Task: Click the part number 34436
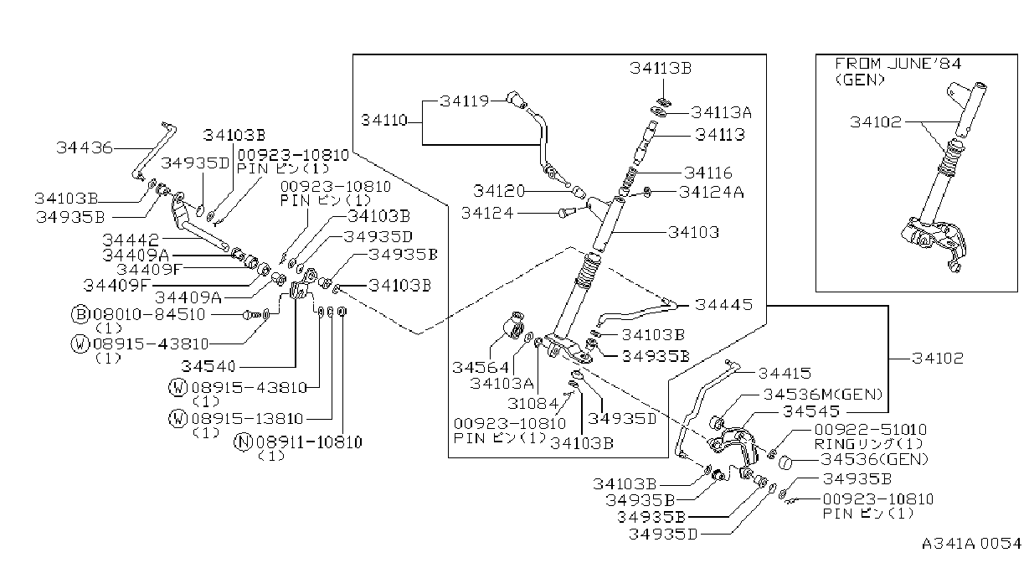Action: click(x=85, y=147)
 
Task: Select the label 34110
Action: click(x=384, y=121)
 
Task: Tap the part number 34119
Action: click(x=465, y=101)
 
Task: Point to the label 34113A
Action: click(x=721, y=112)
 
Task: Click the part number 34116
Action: click(x=707, y=173)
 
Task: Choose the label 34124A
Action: click(x=711, y=192)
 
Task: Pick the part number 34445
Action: click(x=723, y=304)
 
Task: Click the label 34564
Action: click(x=481, y=367)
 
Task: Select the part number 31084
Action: click(x=533, y=404)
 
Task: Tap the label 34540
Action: click(x=208, y=366)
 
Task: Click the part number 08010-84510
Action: click(x=149, y=315)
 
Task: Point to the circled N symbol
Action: click(x=243, y=442)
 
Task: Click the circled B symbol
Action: click(x=80, y=314)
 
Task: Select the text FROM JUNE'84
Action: click(x=898, y=64)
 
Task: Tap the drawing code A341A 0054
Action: click(x=971, y=544)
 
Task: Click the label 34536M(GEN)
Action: click(x=823, y=395)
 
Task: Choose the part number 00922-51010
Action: click(x=871, y=430)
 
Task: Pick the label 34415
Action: click(x=785, y=373)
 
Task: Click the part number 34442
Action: click(x=131, y=240)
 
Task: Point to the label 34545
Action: click(x=811, y=411)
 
